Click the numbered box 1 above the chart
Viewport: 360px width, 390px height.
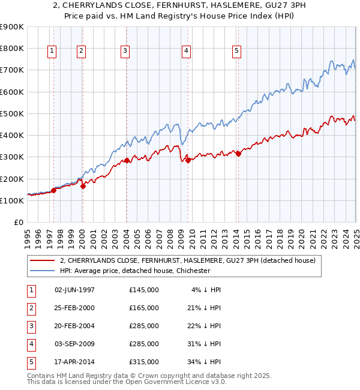(x=52, y=52)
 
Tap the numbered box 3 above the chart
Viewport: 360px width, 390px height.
(x=125, y=52)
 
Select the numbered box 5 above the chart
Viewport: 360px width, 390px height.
(x=237, y=52)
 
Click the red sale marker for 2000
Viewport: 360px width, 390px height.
(x=83, y=186)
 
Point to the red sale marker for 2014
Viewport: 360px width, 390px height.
(x=238, y=154)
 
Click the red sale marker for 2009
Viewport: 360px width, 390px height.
(x=188, y=160)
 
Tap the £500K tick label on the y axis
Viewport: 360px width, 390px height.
(x=12, y=113)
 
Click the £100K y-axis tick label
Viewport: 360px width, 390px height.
(x=12, y=200)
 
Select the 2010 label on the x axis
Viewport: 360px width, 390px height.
(x=192, y=236)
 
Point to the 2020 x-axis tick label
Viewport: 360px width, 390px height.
(x=301, y=236)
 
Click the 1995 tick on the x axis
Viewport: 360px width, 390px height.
(x=28, y=236)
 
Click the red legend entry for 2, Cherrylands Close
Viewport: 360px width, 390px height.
(x=191, y=260)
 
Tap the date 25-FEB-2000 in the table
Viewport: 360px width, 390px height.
(x=74, y=308)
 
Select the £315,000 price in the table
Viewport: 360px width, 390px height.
(x=144, y=362)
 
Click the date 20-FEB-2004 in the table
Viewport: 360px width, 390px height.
(x=74, y=326)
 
